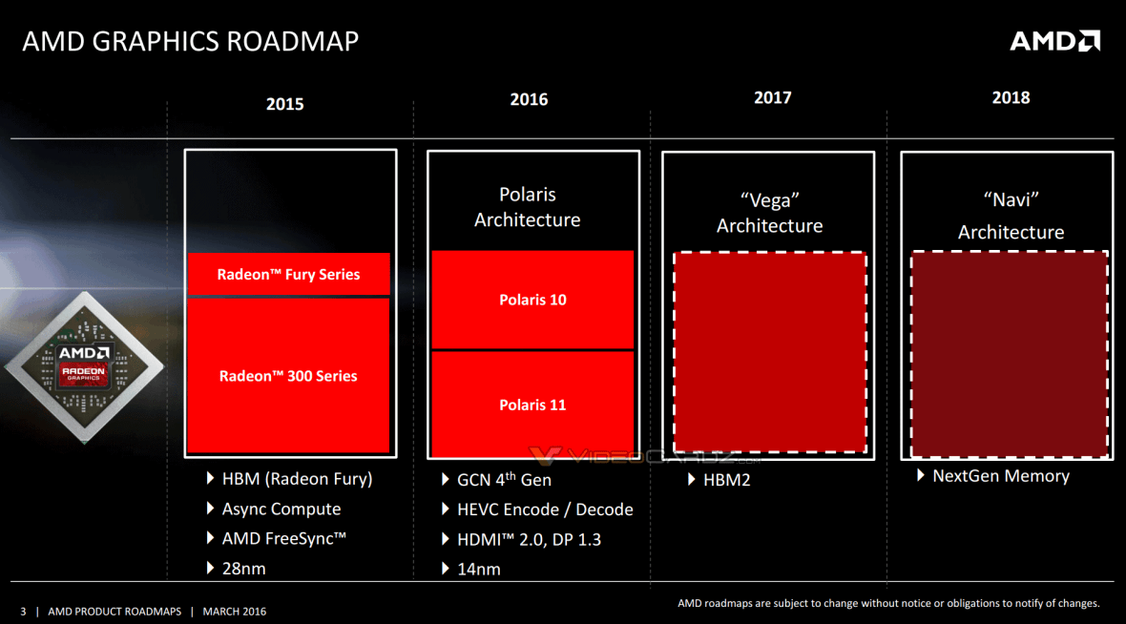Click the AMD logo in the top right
tap(1054, 40)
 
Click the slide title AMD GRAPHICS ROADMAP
tap(191, 42)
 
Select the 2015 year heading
tap(284, 104)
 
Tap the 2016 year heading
tap(529, 99)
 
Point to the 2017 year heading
tap(772, 97)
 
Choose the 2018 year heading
tap(1011, 97)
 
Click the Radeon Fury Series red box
tap(288, 275)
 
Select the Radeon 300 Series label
tap(288, 376)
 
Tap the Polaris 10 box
tap(532, 300)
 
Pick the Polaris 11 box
tap(532, 405)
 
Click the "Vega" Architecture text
tap(769, 213)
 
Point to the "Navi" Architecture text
tap(1010, 217)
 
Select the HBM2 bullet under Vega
tap(726, 480)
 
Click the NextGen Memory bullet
tap(1000, 476)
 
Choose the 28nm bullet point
tap(243, 569)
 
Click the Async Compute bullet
tap(281, 510)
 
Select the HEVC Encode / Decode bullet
tap(546, 510)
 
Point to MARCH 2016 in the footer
tap(235, 612)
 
